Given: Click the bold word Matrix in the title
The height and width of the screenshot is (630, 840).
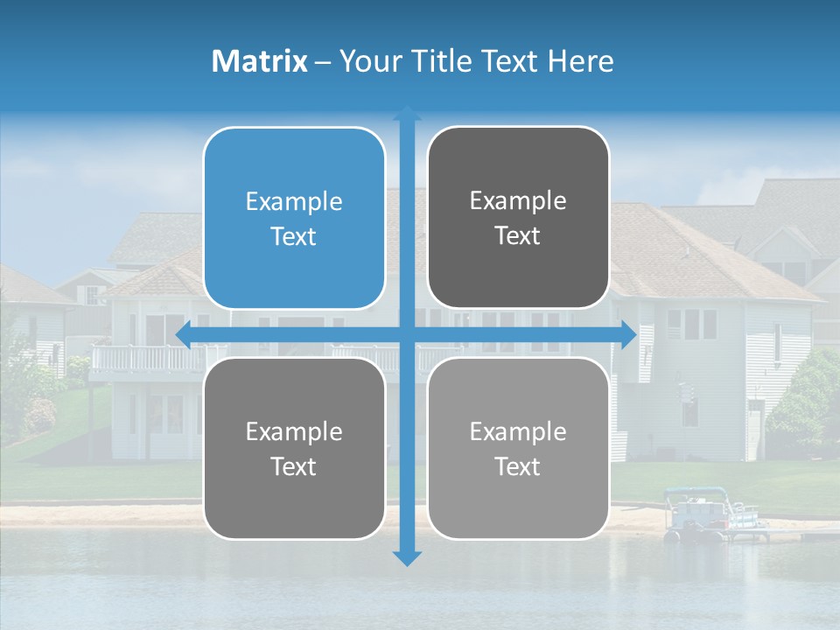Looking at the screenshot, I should (x=260, y=61).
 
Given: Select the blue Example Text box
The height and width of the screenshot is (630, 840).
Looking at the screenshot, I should (x=294, y=218).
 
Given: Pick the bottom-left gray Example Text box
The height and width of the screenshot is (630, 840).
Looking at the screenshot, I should (x=294, y=448).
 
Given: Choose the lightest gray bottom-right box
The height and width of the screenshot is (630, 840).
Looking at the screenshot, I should (x=518, y=448).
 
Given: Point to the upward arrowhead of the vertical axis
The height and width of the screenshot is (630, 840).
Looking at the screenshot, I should (x=407, y=114).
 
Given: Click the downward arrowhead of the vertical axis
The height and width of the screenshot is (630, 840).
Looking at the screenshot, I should (x=407, y=557).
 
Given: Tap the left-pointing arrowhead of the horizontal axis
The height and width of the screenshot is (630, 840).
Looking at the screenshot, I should (x=184, y=334).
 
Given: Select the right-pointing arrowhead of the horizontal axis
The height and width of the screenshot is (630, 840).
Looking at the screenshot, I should (x=628, y=334).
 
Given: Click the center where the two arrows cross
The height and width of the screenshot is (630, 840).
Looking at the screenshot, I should (x=407, y=334).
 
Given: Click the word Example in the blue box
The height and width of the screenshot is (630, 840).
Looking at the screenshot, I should (x=294, y=202).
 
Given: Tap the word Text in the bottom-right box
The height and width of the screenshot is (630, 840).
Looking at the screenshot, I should (x=518, y=466).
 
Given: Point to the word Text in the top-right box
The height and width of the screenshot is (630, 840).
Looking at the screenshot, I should (x=518, y=235).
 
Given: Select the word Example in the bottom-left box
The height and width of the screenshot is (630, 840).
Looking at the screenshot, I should (x=294, y=431).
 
